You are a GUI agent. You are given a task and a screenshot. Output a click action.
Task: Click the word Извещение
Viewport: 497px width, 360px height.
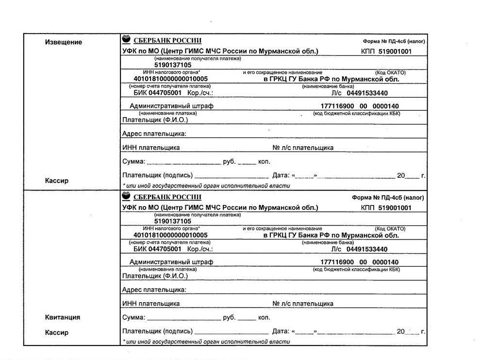tap(64, 42)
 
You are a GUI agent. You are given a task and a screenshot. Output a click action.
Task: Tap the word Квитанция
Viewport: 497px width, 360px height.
tap(63, 317)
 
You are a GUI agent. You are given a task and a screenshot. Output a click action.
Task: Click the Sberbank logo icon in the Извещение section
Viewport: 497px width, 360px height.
tap(126, 40)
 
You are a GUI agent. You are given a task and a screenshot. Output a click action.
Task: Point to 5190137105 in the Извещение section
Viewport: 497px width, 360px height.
tap(173, 65)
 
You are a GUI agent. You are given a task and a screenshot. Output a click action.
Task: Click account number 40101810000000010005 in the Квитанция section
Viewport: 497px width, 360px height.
tap(170, 235)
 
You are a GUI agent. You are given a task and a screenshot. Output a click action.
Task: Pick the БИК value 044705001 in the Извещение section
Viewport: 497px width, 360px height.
tap(165, 93)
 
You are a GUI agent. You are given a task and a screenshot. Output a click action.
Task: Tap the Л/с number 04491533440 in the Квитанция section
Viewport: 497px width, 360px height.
tap(367, 249)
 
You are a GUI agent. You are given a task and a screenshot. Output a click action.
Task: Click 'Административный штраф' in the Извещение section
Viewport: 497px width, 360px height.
tap(171, 106)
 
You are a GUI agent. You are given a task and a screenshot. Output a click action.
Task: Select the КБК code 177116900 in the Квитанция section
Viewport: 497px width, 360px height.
tap(338, 262)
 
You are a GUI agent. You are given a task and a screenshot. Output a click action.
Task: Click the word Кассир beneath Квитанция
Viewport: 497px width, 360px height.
tap(57, 333)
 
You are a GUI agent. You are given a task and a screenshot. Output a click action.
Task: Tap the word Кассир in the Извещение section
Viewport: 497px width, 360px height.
tap(57, 181)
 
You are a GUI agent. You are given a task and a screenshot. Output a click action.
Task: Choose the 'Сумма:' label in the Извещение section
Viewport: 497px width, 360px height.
tap(133, 161)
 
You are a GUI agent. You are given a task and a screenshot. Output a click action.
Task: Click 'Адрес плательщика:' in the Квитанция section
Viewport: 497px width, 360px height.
tap(154, 290)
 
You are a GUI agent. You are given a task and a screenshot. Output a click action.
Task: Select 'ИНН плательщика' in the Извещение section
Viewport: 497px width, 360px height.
tap(151, 148)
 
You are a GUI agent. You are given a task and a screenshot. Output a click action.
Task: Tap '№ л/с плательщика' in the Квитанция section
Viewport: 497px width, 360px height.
tap(303, 304)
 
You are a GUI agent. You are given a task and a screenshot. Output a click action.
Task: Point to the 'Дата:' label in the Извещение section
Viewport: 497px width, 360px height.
tap(281, 175)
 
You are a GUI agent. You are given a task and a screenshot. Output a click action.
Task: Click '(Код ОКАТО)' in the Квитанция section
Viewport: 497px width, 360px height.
tap(390, 228)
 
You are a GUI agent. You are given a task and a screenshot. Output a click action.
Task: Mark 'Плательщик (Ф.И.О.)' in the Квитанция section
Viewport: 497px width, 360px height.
tap(155, 276)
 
